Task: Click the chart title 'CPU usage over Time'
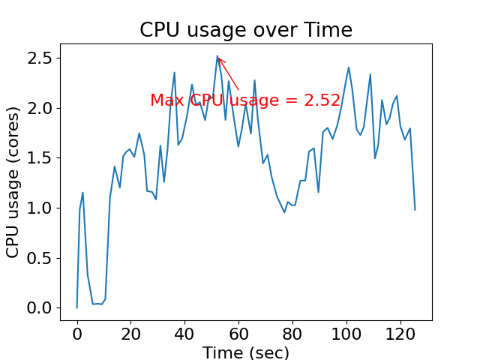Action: coord(245,30)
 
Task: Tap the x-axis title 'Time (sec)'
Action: coord(245,352)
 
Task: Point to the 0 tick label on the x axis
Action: coord(76,333)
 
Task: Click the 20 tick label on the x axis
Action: coord(130,333)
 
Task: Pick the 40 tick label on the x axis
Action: coord(184,333)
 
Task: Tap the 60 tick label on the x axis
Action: coord(238,333)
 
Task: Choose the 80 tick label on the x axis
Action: coord(292,333)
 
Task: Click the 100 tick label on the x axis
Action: coord(346,333)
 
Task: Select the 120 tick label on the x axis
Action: coord(400,333)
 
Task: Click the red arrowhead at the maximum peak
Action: coord(219,58)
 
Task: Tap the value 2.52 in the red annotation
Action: coord(322,100)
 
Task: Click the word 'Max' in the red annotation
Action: coord(166,100)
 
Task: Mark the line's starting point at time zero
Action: coord(76,307)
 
